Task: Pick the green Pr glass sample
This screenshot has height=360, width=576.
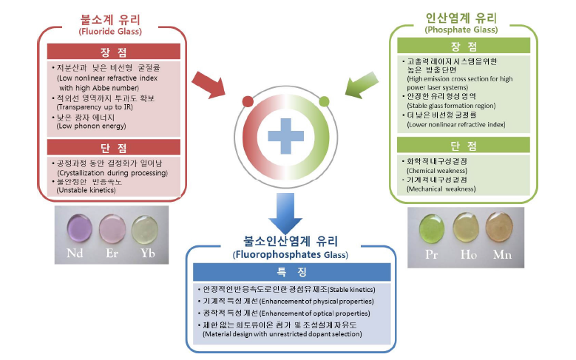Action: click(x=433, y=226)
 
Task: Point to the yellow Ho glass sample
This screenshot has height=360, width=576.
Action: click(x=467, y=226)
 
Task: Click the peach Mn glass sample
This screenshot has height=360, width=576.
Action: click(x=501, y=227)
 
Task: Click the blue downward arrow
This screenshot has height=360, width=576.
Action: click(x=286, y=214)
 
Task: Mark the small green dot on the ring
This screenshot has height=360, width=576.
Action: click(x=324, y=101)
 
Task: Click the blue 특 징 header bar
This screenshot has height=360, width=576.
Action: click(x=288, y=271)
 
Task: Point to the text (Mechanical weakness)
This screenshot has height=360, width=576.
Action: click(x=441, y=189)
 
